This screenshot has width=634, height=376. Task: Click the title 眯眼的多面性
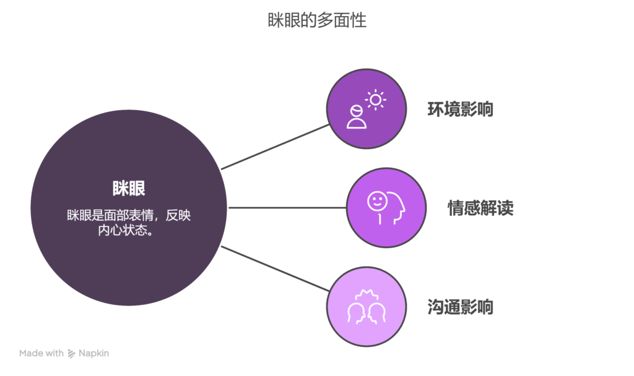coord(317,20)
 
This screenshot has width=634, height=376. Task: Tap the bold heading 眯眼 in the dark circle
coord(129,188)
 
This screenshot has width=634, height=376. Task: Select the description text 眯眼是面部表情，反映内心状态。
coord(129,223)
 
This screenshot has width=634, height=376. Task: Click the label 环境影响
coord(460,109)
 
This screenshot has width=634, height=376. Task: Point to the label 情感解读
coord(480,208)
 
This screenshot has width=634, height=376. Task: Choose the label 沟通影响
coord(460,307)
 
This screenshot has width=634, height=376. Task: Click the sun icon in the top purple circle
coord(376,100)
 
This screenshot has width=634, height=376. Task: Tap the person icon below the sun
coord(357,117)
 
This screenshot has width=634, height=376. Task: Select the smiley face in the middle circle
coord(377,201)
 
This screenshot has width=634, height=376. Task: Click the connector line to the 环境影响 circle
coord(275,147)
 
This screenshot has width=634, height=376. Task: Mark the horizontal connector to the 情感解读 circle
coord(287,208)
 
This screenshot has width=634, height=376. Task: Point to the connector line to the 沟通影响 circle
coord(275,268)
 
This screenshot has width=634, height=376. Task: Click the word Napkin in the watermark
coord(94,353)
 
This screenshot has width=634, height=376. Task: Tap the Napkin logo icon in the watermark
coord(72,353)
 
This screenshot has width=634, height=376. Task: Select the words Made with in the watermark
coord(41,353)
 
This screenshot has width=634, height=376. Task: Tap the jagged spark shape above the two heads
coord(367,295)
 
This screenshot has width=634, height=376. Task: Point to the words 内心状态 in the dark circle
coord(122,230)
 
